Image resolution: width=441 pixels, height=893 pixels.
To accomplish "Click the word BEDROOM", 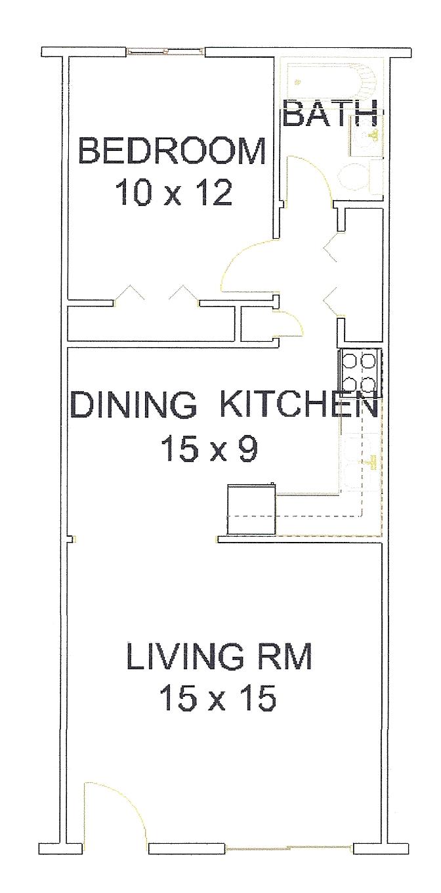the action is [172, 151].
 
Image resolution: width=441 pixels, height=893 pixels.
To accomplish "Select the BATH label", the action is [330, 114].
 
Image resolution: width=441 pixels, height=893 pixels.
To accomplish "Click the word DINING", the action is [134, 405].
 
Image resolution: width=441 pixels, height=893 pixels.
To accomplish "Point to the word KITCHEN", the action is [299, 405].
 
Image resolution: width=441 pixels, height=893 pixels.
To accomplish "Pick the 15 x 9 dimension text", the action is [209, 449].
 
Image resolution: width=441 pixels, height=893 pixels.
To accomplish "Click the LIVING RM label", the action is [219, 655].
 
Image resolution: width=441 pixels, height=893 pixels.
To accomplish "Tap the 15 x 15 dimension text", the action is [218, 698].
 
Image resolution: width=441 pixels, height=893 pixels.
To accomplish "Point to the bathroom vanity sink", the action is [366, 136].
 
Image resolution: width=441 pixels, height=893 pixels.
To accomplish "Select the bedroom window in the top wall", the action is [165, 51].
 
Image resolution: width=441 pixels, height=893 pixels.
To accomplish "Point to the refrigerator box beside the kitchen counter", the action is [251, 509].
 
